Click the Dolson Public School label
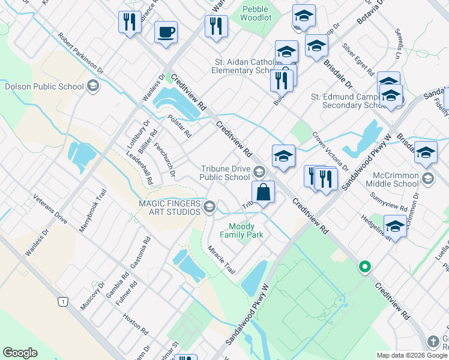tap(44, 86)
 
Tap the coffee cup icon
tap(165, 32)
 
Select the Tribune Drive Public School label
tap(224, 173)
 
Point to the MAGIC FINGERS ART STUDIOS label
tap(170, 208)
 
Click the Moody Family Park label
tap(246, 231)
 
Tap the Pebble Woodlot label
tap(256, 13)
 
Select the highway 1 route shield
tap(62, 302)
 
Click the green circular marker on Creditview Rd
tap(364, 267)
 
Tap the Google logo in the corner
tap(20, 353)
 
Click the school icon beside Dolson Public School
tap(92, 86)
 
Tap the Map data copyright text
tap(412, 355)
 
